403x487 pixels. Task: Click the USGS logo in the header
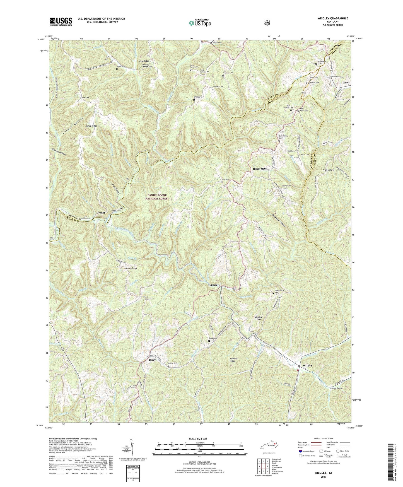click(x=61, y=21)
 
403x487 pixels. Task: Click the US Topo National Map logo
click(x=199, y=23)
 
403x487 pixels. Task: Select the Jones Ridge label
click(x=91, y=126)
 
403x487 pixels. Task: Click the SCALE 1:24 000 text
click(x=199, y=439)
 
